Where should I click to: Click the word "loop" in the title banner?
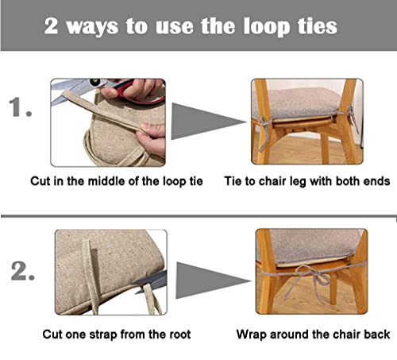pos(256,25)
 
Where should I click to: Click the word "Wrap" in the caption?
pos(253,335)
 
